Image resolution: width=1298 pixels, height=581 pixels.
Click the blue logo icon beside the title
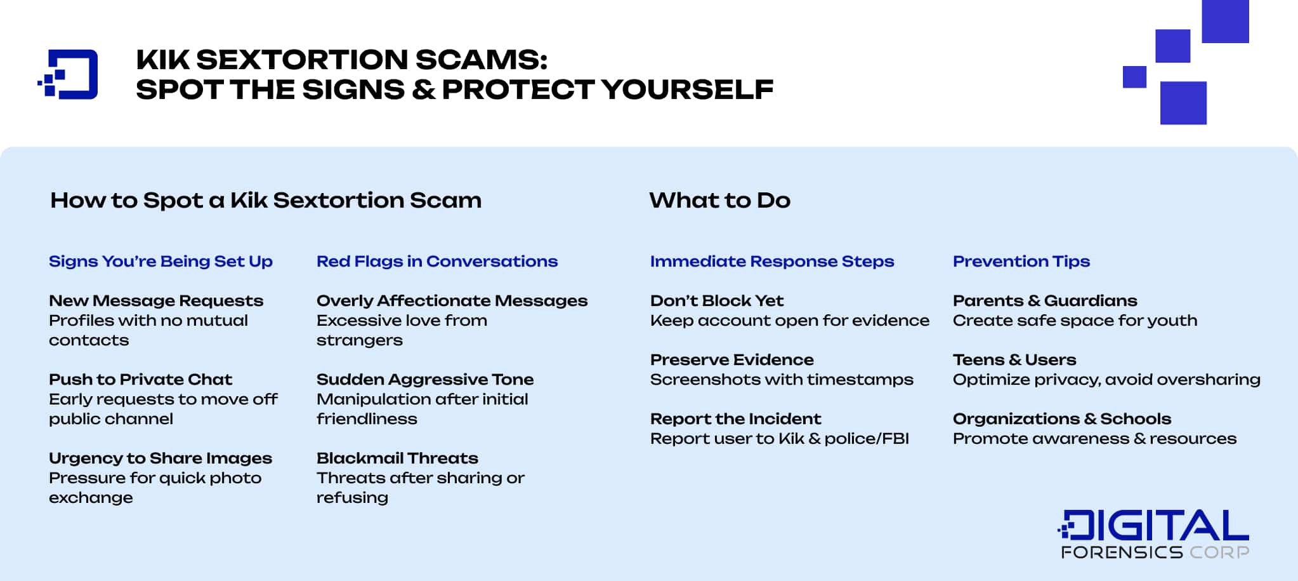(x=69, y=74)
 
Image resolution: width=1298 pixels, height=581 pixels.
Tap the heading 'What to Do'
(x=719, y=201)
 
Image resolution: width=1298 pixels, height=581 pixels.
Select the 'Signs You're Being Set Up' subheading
(x=161, y=262)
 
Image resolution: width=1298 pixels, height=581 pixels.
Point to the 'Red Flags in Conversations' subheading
(x=437, y=262)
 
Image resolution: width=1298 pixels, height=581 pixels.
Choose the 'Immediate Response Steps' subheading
(x=772, y=262)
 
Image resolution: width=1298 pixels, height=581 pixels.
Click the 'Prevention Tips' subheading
(x=1021, y=262)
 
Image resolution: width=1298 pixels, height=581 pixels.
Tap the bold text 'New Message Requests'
(x=156, y=301)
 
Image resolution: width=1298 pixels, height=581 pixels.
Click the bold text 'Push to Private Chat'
(x=140, y=380)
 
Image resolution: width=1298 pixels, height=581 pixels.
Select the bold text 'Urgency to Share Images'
(x=161, y=458)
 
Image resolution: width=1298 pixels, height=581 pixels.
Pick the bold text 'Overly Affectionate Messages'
(x=452, y=301)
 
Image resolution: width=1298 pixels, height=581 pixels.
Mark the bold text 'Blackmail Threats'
(x=397, y=458)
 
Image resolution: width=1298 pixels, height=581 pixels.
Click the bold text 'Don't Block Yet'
(x=717, y=301)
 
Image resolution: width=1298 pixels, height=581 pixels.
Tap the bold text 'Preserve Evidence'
(x=731, y=360)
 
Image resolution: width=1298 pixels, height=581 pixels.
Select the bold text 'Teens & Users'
(x=1014, y=360)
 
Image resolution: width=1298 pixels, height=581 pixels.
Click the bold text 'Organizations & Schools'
(x=1062, y=419)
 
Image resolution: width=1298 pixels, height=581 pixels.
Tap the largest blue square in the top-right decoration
(x=1225, y=20)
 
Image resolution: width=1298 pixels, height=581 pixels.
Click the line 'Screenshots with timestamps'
(x=782, y=380)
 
